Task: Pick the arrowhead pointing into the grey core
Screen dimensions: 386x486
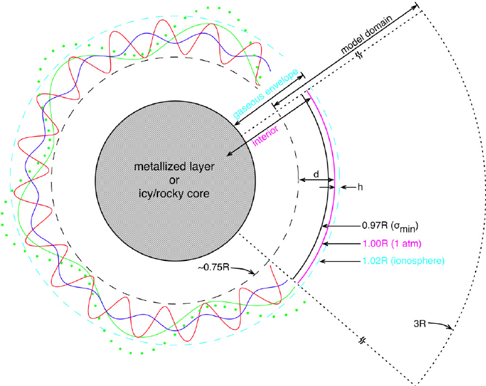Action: [228, 154]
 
